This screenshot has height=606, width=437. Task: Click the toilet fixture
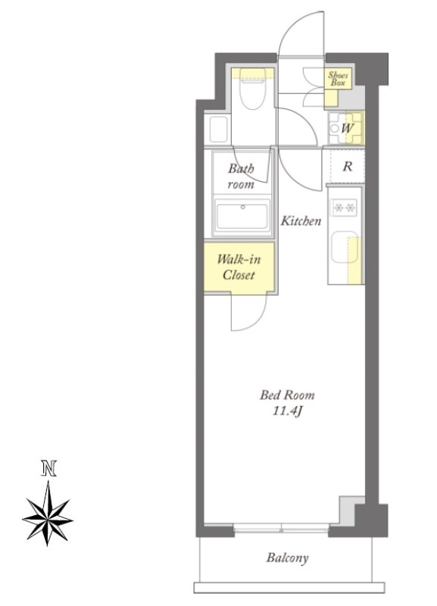click(252, 89)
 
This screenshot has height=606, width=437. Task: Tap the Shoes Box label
click(338, 79)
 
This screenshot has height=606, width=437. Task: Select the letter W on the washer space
click(347, 128)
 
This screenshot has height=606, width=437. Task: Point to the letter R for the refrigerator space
click(348, 166)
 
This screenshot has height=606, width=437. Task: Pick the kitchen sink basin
click(345, 248)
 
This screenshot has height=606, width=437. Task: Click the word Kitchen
click(301, 220)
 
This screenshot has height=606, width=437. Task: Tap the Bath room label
click(241, 176)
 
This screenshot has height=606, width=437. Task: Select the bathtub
click(242, 217)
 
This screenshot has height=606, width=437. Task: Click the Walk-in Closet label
click(239, 267)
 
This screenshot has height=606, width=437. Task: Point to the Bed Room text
click(287, 395)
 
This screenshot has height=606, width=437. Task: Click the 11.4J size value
click(287, 411)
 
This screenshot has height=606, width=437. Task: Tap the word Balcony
click(288, 558)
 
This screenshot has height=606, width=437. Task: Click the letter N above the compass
click(48, 468)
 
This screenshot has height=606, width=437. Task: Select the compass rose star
click(48, 514)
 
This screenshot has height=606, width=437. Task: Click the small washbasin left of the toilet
click(218, 130)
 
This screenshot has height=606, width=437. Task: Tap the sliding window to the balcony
click(281, 528)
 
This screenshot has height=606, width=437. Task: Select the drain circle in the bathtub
click(242, 207)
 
